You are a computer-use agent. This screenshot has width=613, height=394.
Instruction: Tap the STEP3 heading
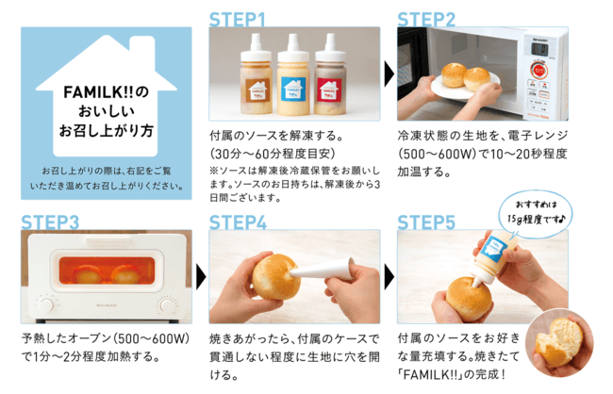tap(48, 222)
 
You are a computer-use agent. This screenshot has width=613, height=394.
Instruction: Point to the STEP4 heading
tap(238, 222)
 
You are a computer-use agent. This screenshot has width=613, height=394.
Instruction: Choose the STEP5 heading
tap(426, 222)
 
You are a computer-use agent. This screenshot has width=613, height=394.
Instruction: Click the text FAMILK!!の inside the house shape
tap(106, 92)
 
